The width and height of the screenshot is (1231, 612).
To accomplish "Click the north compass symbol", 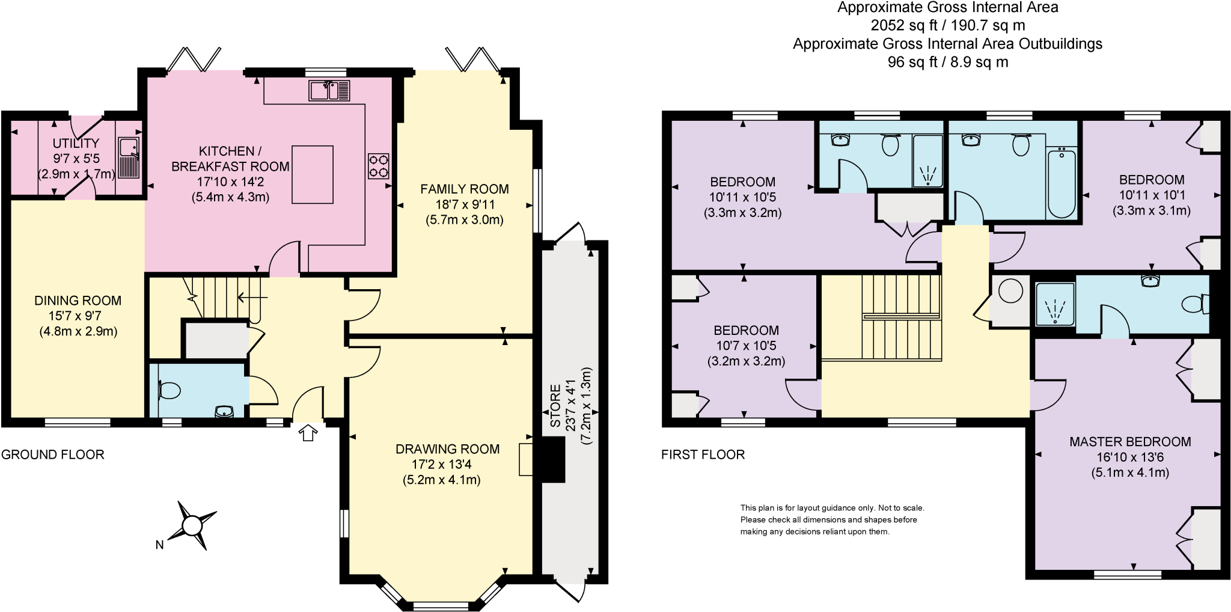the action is pos(191,525).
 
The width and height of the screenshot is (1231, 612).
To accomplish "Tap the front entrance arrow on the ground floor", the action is pos(308,433).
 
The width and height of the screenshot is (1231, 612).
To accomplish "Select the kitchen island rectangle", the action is pos(313,174).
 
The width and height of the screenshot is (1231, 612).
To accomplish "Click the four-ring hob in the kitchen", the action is pos(379,167).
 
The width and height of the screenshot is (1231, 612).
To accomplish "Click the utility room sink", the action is pos(129,158).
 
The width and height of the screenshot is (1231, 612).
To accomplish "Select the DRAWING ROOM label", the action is pos(448,449).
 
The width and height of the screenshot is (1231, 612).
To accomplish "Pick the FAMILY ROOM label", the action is pos(465,189).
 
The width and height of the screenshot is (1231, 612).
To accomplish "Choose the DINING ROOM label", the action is pos(78,301).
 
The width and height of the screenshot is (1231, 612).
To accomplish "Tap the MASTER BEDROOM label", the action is pos(1130,442).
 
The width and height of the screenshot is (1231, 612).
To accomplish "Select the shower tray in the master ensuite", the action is pos(1055,304).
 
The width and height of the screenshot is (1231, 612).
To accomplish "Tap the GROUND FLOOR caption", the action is pos(53,455).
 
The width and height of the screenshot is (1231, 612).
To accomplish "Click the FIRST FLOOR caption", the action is pos(703,455).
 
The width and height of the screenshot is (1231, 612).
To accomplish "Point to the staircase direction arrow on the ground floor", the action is pos(252,297).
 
